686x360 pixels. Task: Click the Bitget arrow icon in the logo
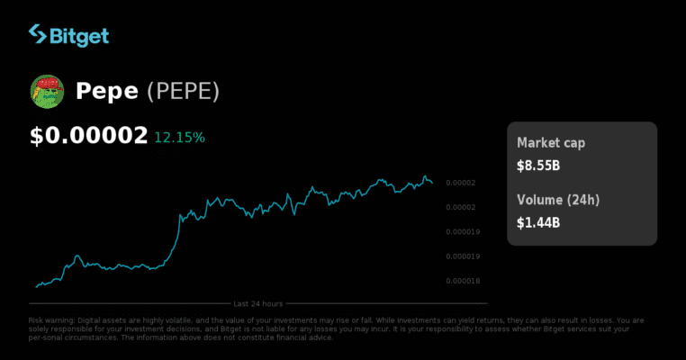pyautogui.click(x=38, y=35)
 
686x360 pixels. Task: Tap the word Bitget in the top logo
pyautogui.click(x=79, y=36)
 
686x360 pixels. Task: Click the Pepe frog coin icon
pyautogui.click(x=47, y=91)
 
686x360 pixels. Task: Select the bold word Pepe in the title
pyautogui.click(x=106, y=91)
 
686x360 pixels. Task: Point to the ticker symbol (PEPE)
pyautogui.click(x=183, y=91)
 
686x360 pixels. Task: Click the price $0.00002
pyautogui.click(x=88, y=137)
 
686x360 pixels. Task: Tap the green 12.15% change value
pyautogui.click(x=179, y=138)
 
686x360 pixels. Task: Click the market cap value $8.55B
pyautogui.click(x=538, y=166)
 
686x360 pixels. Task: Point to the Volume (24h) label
pyautogui.click(x=556, y=199)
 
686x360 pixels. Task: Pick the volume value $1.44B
pyautogui.click(x=538, y=221)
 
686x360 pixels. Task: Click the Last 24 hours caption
pyautogui.click(x=258, y=303)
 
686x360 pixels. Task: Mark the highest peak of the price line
pyautogui.click(x=425, y=176)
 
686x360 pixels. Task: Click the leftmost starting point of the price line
pyautogui.click(x=36, y=287)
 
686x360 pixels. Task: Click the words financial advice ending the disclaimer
pyautogui.click(x=310, y=337)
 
